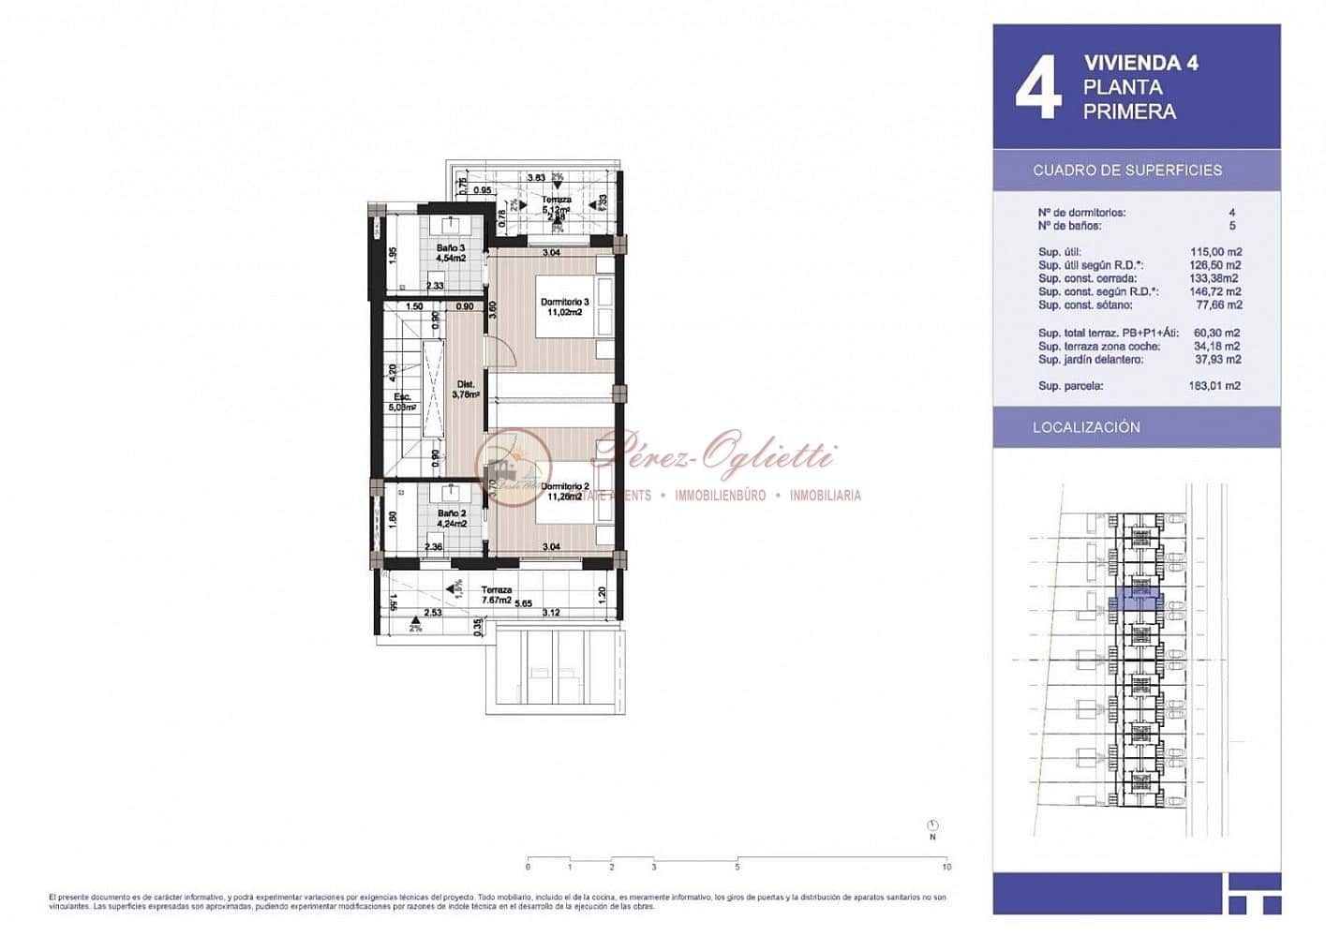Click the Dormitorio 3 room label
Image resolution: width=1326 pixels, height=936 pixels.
[x=564, y=306]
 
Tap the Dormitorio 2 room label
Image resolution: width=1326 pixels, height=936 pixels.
[x=564, y=491]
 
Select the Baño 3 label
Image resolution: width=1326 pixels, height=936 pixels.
[x=450, y=253]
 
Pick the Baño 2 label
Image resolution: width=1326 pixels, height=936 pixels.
[x=451, y=518]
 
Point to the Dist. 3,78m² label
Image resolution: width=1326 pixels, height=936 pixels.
[x=466, y=390]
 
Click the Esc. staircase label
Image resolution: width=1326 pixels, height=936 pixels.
[x=402, y=402]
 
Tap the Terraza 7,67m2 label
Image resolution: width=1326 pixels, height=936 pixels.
[x=497, y=595]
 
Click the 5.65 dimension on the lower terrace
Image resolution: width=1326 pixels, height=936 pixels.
[x=522, y=604]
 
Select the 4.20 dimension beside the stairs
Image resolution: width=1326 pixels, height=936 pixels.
[x=394, y=371]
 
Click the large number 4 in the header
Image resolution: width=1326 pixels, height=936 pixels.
[x=1038, y=87]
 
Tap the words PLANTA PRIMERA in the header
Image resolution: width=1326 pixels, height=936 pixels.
[x=1128, y=99]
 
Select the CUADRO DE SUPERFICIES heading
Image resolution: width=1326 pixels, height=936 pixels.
[x=1126, y=171]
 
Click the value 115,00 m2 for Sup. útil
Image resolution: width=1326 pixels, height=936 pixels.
[x=1214, y=252]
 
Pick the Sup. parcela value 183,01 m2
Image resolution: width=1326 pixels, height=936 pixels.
[x=1214, y=386]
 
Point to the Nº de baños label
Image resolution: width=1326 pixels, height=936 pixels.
[x=1069, y=226]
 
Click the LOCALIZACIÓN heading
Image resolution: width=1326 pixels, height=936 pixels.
[x=1086, y=427]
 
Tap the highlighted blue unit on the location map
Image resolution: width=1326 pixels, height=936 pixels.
[x=1135, y=602]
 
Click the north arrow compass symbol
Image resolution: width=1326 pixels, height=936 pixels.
[x=932, y=825]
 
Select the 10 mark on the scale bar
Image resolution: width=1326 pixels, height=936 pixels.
[x=946, y=867]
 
